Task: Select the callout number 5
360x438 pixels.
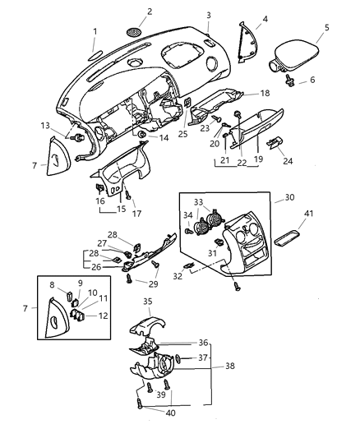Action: click(x=326, y=27)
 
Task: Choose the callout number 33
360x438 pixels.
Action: click(x=198, y=201)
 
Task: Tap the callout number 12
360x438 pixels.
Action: click(x=104, y=316)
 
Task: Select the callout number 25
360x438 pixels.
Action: click(x=183, y=133)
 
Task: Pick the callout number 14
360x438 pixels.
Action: click(x=164, y=137)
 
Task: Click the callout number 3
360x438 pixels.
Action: click(x=209, y=15)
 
